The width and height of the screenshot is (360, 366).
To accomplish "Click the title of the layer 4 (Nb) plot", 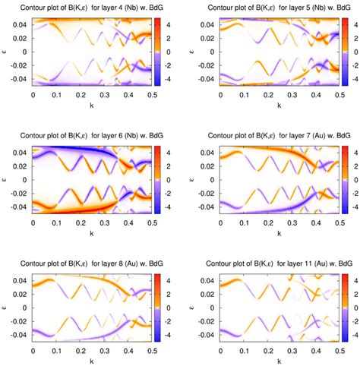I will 90,6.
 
